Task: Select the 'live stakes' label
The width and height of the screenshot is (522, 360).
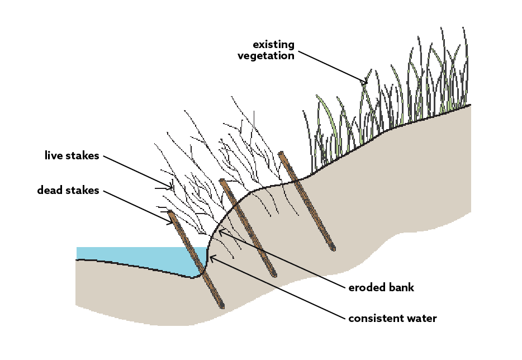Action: (72, 155)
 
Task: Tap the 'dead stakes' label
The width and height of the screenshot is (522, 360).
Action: (68, 191)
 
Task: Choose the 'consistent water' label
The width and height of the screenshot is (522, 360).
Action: (392, 319)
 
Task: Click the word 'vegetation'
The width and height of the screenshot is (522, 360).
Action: (265, 55)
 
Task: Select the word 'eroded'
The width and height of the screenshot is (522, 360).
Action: (366, 288)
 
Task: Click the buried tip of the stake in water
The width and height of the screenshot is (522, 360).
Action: (222, 306)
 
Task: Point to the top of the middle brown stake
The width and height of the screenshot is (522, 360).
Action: (222, 181)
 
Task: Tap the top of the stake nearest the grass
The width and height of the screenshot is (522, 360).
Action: (281, 153)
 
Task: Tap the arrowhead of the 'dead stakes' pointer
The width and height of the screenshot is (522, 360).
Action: (173, 224)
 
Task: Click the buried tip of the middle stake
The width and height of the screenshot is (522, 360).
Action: (274, 276)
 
